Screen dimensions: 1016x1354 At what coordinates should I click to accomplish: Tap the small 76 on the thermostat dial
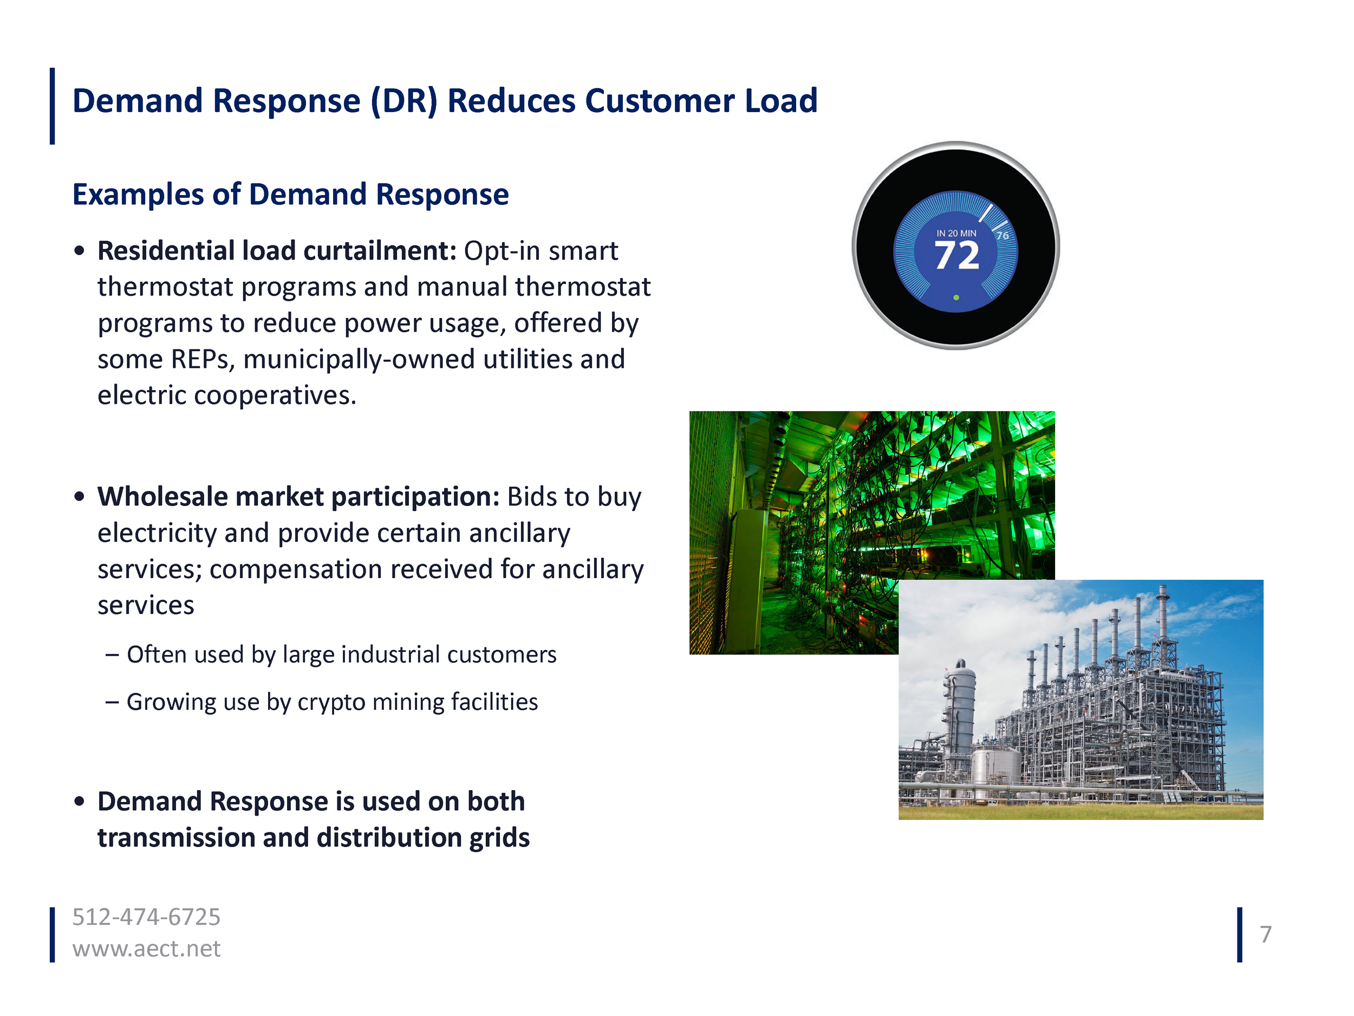1002,236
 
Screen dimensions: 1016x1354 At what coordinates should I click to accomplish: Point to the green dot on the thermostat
956,297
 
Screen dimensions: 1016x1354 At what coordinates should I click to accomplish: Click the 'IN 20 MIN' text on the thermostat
956,234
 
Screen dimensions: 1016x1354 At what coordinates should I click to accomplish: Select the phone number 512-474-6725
146,917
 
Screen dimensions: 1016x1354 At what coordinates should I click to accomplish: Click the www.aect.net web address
146,949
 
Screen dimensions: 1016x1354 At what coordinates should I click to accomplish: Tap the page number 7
1266,935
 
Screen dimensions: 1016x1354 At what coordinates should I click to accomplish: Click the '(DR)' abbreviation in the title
404,101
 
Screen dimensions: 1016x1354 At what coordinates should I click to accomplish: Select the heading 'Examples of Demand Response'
290,194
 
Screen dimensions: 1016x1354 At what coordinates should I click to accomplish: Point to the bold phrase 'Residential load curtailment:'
277,251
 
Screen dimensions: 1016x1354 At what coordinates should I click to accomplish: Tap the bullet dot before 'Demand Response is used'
79,801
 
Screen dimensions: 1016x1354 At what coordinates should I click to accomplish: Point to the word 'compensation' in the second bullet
295,570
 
